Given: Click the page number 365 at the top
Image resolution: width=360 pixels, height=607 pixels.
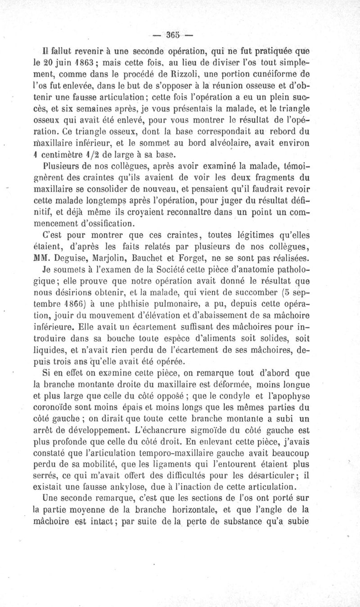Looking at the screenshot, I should [172, 34].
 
